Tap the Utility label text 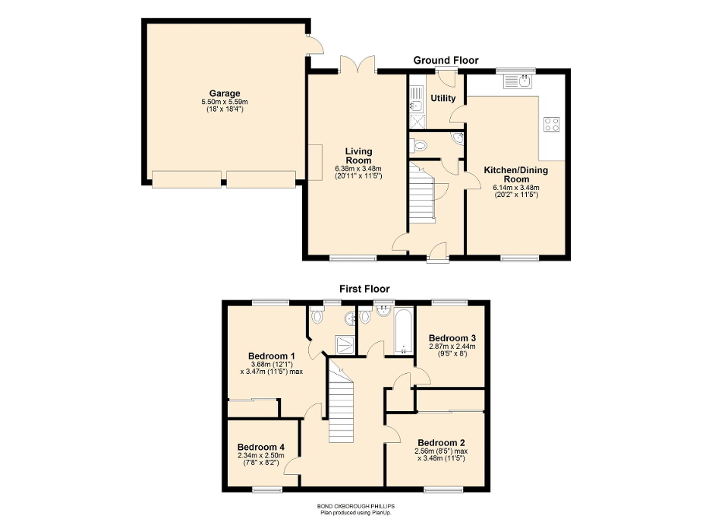(443, 98)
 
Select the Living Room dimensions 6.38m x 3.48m (358, 169)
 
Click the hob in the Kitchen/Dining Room (552, 125)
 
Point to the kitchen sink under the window (522, 81)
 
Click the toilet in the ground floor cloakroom (420, 144)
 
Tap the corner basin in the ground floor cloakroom (457, 138)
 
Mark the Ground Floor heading (446, 60)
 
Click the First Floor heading (364, 289)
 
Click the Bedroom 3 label (453, 337)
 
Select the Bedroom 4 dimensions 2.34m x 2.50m (261, 456)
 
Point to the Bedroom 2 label (441, 443)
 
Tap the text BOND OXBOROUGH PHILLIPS (356, 506)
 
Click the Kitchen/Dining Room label (515, 175)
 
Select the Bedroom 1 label (272, 356)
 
